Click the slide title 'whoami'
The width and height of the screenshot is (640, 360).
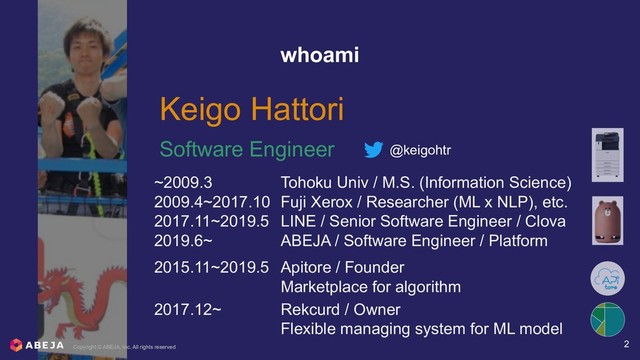(320, 56)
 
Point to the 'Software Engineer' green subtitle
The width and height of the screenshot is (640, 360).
(247, 151)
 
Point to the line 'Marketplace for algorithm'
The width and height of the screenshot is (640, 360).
(371, 288)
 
